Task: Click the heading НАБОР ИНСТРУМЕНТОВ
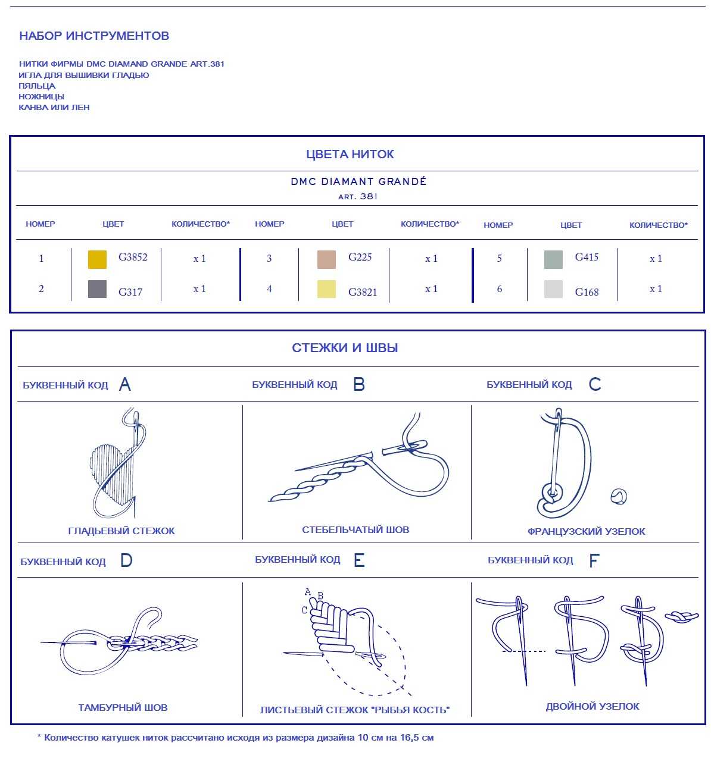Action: click(x=94, y=36)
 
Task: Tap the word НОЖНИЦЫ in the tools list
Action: click(x=41, y=96)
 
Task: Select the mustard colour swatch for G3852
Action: click(x=97, y=259)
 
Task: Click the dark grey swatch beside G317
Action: click(x=97, y=289)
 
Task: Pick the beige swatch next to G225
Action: click(x=327, y=259)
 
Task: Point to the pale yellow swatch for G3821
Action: click(x=326, y=289)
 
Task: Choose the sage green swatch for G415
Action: click(x=553, y=259)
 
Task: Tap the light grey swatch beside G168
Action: click(x=553, y=289)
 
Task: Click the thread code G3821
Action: click(x=363, y=292)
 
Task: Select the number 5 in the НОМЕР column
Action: click(x=499, y=258)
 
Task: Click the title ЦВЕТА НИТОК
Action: click(x=350, y=154)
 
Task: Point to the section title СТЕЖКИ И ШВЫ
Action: click(x=345, y=348)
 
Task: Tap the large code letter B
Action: click(x=358, y=384)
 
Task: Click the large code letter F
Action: click(x=593, y=560)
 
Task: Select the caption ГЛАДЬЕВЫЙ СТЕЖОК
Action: click(x=121, y=531)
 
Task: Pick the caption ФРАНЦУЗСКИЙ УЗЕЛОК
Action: click(x=586, y=531)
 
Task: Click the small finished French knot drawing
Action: click(x=619, y=496)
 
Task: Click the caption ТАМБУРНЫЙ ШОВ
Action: click(x=123, y=707)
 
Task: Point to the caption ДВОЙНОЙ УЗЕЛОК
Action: click(x=592, y=706)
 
